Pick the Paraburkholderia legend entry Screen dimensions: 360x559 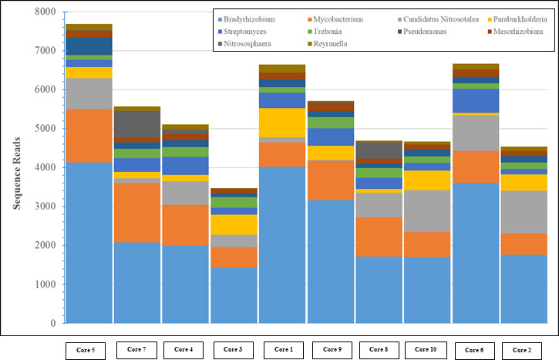517,19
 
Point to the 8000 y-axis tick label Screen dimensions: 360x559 45,12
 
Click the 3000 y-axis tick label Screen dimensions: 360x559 45,207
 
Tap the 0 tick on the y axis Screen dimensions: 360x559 52,324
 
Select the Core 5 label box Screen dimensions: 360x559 89,349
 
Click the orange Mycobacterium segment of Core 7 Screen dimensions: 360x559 137,212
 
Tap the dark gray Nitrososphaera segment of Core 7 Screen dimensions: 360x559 137,124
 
